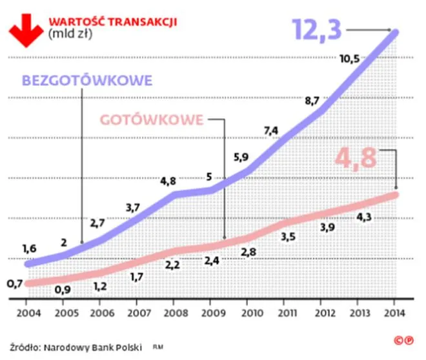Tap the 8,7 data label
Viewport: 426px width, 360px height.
click(x=312, y=101)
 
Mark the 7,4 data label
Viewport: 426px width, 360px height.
click(x=271, y=130)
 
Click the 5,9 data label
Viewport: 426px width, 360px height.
click(x=239, y=156)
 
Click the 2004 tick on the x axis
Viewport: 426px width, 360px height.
click(x=26, y=314)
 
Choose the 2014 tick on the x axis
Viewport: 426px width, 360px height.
click(x=395, y=314)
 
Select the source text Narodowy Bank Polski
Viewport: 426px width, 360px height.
click(x=92, y=346)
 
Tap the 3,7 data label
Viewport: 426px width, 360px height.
click(x=133, y=206)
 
